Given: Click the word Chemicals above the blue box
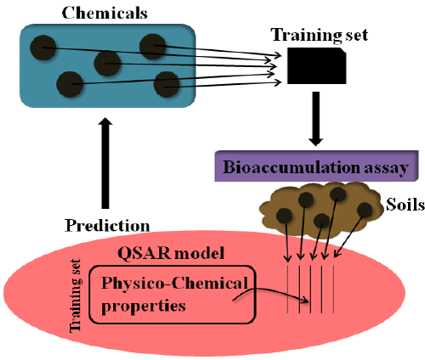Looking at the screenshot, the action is tap(105, 13).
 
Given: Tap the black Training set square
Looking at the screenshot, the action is tap(317, 65).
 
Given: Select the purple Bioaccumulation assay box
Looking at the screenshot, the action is tap(316, 166).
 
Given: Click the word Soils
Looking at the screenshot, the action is tap(405, 205).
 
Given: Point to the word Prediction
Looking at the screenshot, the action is tap(107, 226).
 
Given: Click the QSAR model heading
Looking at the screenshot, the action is tap(171, 253).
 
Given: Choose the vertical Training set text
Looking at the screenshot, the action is tap(76, 295).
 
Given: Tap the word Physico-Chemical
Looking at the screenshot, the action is tap(174, 284).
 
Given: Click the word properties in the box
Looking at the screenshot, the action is tap(144, 307).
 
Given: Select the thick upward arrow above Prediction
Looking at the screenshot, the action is tap(105, 163).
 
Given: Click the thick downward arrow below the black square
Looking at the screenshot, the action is tap(316, 119).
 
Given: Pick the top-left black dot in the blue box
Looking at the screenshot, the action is tap(43, 48).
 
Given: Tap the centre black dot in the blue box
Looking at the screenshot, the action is tap(107, 64).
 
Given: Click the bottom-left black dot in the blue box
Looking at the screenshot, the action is tap(70, 84).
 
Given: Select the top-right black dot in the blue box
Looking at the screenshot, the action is tap(153, 47).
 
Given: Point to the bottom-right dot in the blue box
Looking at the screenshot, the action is tap(167, 84).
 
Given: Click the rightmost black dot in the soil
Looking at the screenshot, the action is tap(365, 211).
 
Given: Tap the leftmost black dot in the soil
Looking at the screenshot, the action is tap(284, 216).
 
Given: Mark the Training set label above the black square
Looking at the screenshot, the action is tap(320, 36).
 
